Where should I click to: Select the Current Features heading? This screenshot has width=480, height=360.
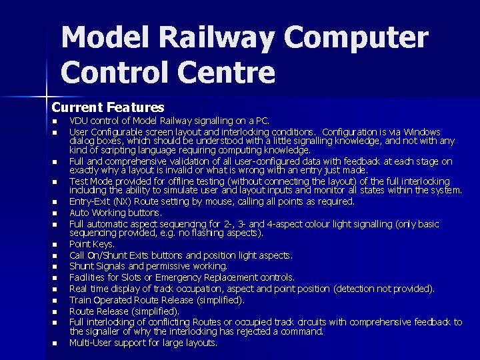[108, 107]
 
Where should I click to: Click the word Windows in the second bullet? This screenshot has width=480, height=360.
[423, 132]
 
